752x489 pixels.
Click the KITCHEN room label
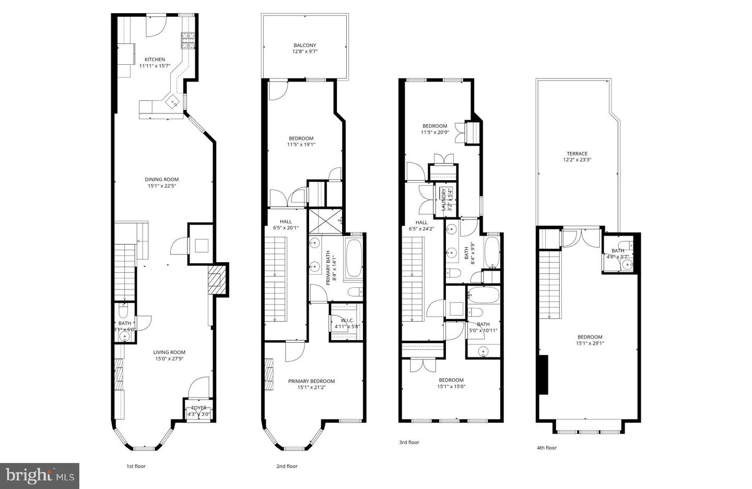(x=155, y=60)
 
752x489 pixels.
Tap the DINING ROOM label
(x=162, y=180)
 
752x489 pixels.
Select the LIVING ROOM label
(x=169, y=352)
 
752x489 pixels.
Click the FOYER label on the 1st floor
(x=198, y=408)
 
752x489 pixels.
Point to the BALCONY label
(x=304, y=45)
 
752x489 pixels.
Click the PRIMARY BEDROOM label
(x=311, y=381)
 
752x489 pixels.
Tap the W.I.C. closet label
(x=347, y=321)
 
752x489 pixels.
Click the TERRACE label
(x=577, y=154)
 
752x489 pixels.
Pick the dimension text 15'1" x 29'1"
(x=590, y=343)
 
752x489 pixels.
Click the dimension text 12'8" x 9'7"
(x=304, y=52)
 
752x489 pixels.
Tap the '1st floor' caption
(x=136, y=466)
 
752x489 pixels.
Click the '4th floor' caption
(x=547, y=448)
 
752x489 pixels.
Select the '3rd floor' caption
(x=409, y=443)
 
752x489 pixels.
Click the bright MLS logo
(x=40, y=475)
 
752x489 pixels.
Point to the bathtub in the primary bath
(x=353, y=258)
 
